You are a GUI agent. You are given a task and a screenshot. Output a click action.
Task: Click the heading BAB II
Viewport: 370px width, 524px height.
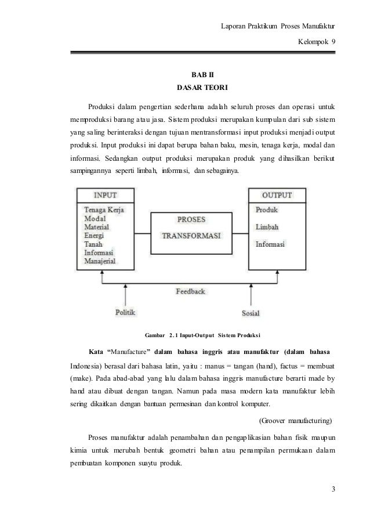click(202, 75)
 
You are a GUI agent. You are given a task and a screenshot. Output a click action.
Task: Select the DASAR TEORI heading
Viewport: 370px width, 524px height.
click(202, 89)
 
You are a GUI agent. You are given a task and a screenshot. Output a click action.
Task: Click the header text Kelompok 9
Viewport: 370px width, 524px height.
click(316, 42)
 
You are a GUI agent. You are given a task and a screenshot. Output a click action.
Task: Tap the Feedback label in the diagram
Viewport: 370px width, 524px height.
click(191, 291)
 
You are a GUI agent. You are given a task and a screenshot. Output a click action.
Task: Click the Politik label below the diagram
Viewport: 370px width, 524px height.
click(126, 312)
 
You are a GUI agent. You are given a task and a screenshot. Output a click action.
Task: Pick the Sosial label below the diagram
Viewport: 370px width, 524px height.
click(251, 313)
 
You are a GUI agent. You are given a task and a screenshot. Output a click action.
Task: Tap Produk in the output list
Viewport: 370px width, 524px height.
click(267, 209)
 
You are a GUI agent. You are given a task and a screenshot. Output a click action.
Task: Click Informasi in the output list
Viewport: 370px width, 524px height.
click(270, 244)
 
